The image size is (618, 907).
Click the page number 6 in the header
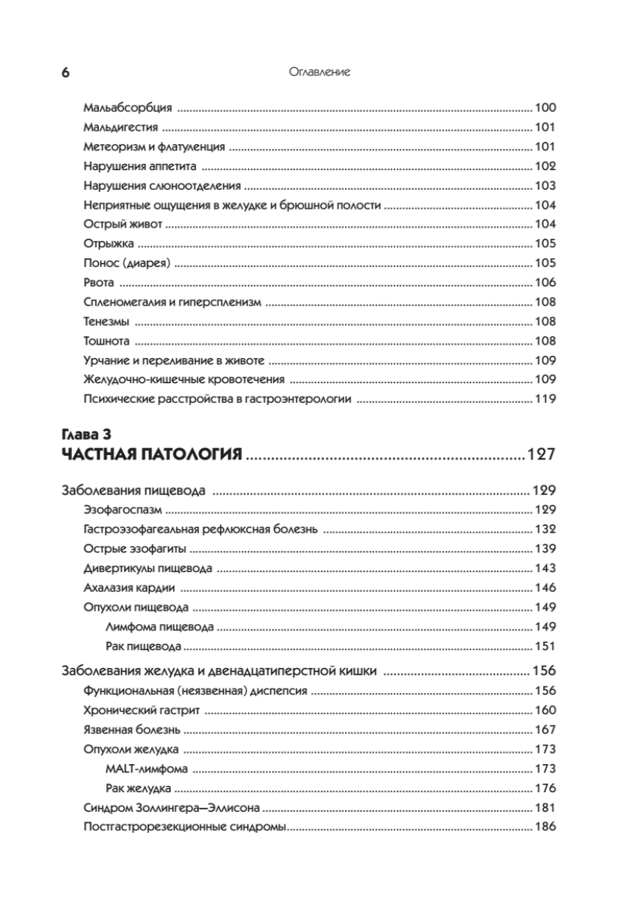(65, 73)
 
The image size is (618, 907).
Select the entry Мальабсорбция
(128, 107)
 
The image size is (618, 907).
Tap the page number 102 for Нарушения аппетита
(545, 166)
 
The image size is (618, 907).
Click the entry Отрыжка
(109, 243)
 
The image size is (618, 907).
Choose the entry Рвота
(99, 283)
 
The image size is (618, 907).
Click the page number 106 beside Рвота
(545, 283)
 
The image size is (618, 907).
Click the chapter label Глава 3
(86, 434)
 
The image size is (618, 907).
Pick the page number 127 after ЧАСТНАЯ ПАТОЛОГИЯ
(541, 455)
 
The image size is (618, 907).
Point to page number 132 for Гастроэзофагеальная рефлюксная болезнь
(545, 529)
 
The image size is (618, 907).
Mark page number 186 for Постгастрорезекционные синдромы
(545, 827)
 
